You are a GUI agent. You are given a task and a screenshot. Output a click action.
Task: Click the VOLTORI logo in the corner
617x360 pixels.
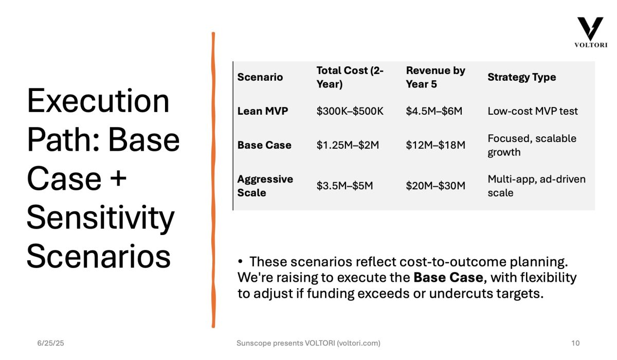(591, 32)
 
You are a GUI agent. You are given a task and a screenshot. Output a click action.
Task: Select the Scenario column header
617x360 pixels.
(260, 77)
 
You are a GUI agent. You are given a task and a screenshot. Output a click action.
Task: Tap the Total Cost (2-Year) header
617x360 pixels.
(350, 77)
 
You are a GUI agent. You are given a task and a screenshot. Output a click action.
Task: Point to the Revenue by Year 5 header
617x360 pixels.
(435, 77)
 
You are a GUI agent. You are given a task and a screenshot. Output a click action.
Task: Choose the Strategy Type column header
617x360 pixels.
(522, 77)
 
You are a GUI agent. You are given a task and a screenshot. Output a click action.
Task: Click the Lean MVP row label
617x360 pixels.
(263, 111)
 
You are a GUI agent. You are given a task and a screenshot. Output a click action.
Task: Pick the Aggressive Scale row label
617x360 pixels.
(265, 186)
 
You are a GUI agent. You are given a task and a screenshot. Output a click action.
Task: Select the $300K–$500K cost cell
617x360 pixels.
(350, 111)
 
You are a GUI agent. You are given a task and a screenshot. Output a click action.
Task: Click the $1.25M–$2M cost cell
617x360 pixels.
(348, 145)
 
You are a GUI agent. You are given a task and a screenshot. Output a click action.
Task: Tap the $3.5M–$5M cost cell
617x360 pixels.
(344, 186)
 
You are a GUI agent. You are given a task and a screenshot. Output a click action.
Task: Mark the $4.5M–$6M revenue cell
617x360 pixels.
(434, 111)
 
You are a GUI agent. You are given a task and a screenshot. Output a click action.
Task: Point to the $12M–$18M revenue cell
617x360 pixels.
(435, 145)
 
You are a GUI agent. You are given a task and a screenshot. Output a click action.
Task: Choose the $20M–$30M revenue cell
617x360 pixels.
(435, 186)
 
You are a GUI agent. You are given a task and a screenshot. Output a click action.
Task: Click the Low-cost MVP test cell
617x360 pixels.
(533, 111)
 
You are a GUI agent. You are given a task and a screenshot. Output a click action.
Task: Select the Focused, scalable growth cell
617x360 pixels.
(532, 145)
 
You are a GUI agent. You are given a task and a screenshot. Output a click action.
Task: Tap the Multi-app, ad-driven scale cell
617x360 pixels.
(537, 186)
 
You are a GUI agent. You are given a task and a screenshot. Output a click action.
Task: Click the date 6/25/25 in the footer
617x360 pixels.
(51, 343)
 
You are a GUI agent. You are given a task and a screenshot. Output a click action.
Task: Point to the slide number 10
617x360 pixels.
(575, 343)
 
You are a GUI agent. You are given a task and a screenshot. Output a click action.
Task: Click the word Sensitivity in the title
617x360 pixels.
(101, 218)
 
